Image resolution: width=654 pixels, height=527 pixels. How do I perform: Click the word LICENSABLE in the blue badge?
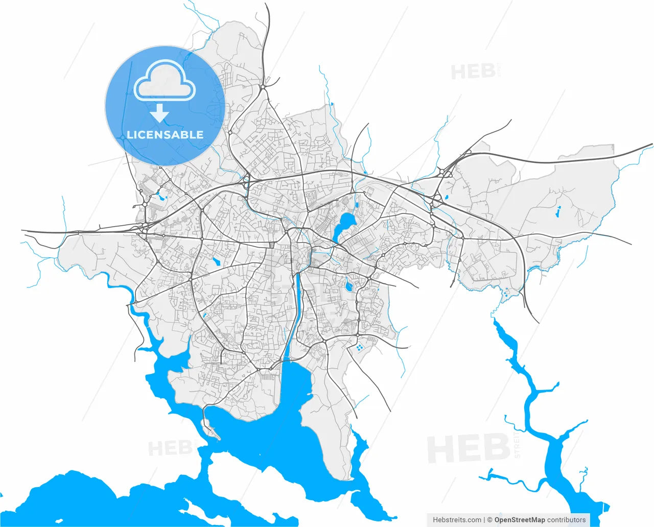point(165,135)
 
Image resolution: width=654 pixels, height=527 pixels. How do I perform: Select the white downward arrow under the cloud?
point(160,113)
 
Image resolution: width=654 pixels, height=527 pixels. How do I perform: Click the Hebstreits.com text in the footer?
point(457,520)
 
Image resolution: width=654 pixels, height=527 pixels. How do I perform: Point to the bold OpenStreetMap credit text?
point(519,520)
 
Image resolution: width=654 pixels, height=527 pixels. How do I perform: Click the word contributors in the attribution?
point(567,520)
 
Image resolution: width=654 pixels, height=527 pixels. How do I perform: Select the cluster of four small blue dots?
point(359,348)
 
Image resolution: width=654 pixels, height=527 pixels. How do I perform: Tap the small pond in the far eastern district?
point(558,209)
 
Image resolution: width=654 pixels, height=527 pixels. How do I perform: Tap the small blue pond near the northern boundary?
point(332,104)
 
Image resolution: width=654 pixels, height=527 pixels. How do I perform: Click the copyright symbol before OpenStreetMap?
point(489,520)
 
